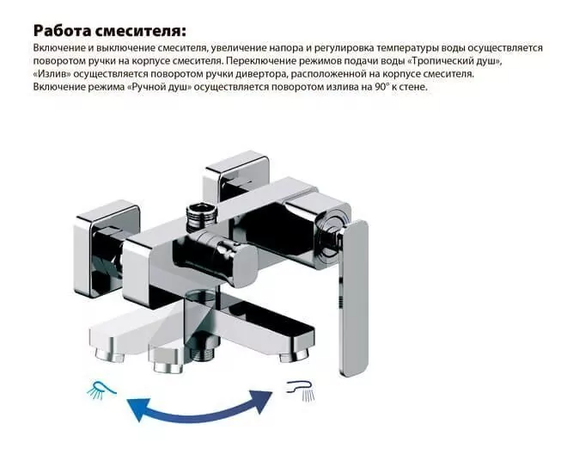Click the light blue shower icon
(x=100, y=389)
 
